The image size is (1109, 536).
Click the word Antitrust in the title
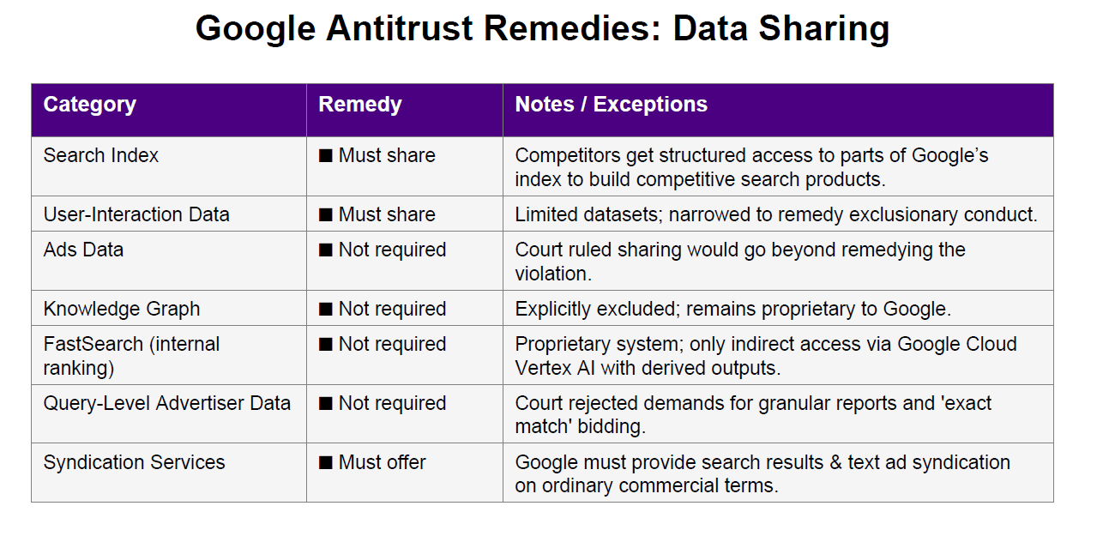click(400, 28)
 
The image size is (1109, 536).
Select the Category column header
click(89, 105)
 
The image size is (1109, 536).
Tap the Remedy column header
click(360, 105)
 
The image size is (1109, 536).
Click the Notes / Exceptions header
click(611, 105)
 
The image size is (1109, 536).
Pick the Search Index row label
click(101, 155)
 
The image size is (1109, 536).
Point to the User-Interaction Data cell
click(136, 214)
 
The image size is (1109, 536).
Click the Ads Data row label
click(83, 250)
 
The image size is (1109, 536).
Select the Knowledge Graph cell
click(122, 310)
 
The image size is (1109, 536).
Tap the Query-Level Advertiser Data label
click(167, 403)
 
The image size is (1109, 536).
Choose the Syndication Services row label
click(134, 463)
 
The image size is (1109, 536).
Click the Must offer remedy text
click(383, 463)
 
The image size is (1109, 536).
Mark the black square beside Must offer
click(325, 463)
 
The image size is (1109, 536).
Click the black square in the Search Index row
click(325, 156)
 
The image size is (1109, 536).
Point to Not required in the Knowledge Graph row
click(392, 310)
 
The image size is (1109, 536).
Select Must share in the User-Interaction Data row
click(387, 214)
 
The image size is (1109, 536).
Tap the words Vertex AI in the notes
click(554, 368)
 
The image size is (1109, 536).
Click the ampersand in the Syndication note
click(835, 463)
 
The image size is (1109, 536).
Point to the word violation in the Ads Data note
click(553, 274)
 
